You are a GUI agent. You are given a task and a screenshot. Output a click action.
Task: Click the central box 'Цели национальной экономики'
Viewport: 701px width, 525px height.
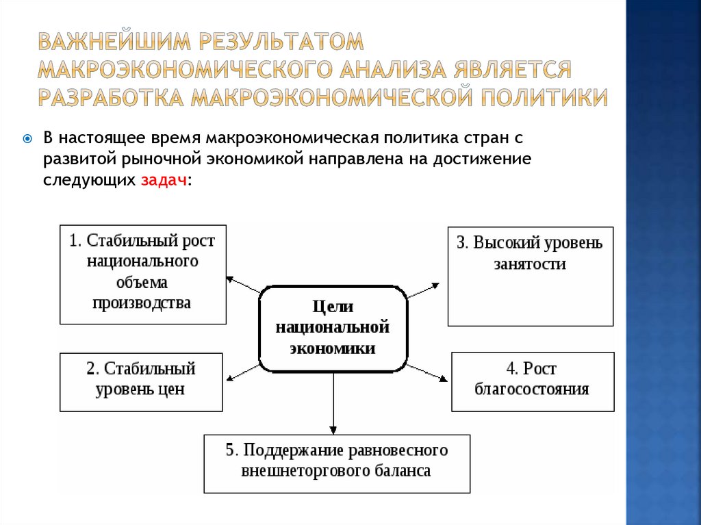[x=333, y=329]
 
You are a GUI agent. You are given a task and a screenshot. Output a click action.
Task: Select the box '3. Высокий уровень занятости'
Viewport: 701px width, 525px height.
[x=531, y=276]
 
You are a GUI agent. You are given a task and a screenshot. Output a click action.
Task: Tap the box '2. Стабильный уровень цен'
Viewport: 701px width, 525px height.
[x=141, y=382]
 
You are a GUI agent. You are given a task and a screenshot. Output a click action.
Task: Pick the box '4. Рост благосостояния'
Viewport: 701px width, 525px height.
[x=532, y=382]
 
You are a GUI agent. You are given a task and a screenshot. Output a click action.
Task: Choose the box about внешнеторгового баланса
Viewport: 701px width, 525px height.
[x=337, y=463]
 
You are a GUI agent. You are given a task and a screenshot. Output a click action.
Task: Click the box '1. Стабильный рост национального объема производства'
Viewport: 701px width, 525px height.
[x=142, y=274]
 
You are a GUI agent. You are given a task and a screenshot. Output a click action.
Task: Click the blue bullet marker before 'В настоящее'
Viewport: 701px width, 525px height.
[x=27, y=138]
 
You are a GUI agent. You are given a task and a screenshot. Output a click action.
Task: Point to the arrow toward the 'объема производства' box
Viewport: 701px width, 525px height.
[x=242, y=284]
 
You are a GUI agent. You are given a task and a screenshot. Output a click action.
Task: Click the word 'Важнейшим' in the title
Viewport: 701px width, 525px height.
[x=114, y=42]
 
